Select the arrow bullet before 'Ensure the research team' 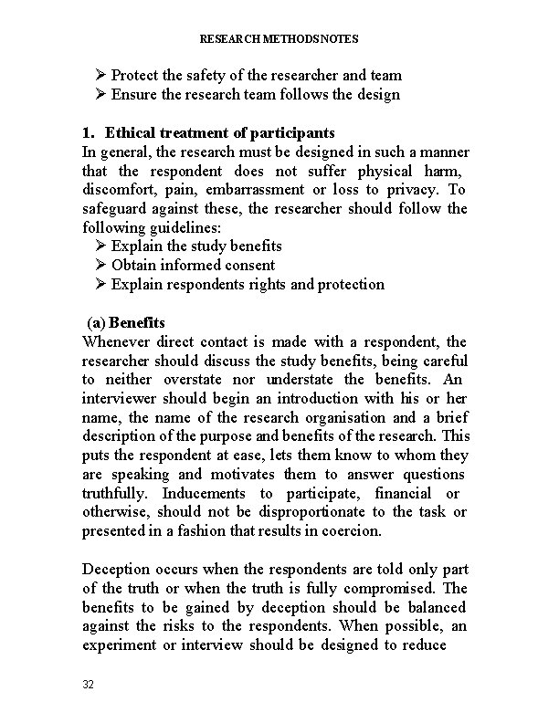(x=100, y=94)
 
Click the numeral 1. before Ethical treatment (x=88, y=132)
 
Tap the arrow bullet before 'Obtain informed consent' (x=100, y=265)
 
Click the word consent (x=249, y=265)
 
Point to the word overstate (x=199, y=379)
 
